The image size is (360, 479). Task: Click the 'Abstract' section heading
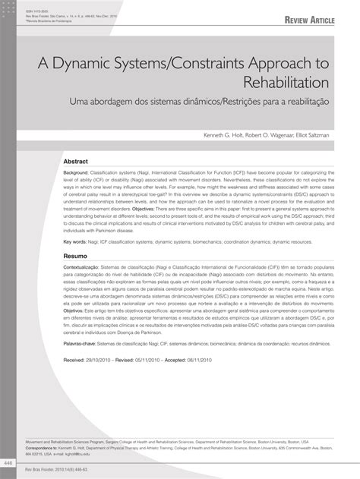pyautogui.click(x=75, y=162)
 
